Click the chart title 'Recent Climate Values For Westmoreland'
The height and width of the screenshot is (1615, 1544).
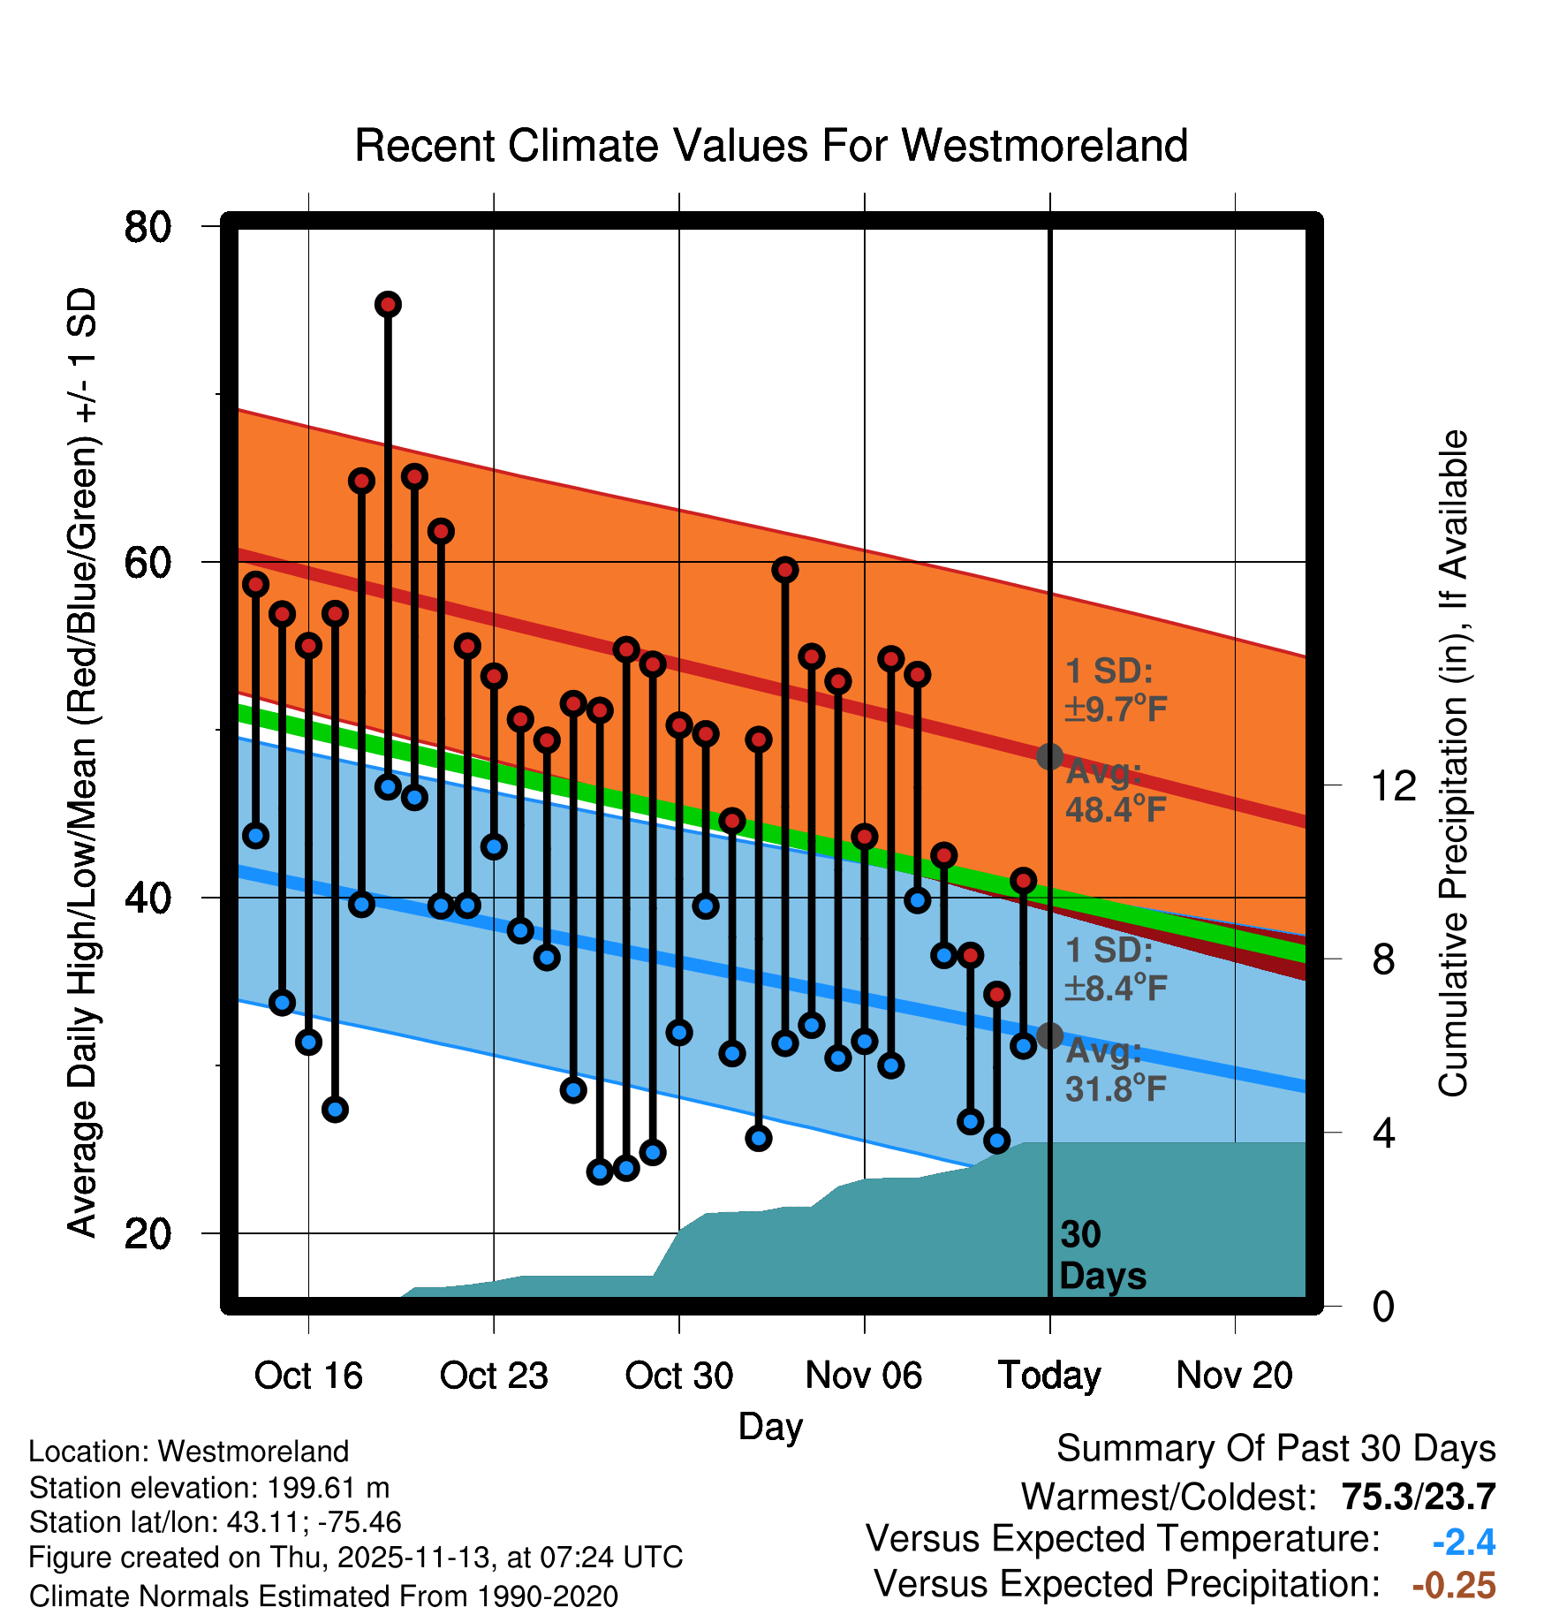tap(770, 146)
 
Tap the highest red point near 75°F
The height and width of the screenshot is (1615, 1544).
tap(388, 305)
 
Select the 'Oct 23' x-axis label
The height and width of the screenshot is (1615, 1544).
tap(494, 1376)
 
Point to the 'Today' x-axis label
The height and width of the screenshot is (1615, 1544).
tap(1049, 1376)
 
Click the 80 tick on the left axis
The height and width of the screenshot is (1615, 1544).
tap(148, 227)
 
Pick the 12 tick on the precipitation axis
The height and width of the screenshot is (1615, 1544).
tap(1394, 785)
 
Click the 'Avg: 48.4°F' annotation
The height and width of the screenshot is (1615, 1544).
tap(1115, 791)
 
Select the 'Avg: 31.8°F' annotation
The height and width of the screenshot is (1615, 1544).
tap(1115, 1070)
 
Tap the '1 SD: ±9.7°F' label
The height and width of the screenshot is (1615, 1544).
tap(1115, 690)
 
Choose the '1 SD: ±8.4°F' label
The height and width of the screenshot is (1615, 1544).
tap(1115, 968)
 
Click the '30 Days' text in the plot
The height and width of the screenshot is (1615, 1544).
tap(1101, 1255)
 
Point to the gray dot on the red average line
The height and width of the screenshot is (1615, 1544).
tap(1049, 756)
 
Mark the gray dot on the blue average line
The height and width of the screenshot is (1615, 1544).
tap(1049, 1035)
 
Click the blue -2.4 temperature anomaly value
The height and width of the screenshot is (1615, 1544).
tap(1464, 1543)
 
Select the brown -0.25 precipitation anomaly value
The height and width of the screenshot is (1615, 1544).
tap(1454, 1586)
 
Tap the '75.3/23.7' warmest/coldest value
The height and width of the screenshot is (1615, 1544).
tap(1418, 1497)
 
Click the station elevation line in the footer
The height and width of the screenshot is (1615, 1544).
tap(209, 1488)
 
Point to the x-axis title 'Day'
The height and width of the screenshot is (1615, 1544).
tap(770, 1427)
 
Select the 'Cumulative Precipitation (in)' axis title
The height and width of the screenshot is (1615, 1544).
tap(1452, 764)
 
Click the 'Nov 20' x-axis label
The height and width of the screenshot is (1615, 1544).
tap(1234, 1376)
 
